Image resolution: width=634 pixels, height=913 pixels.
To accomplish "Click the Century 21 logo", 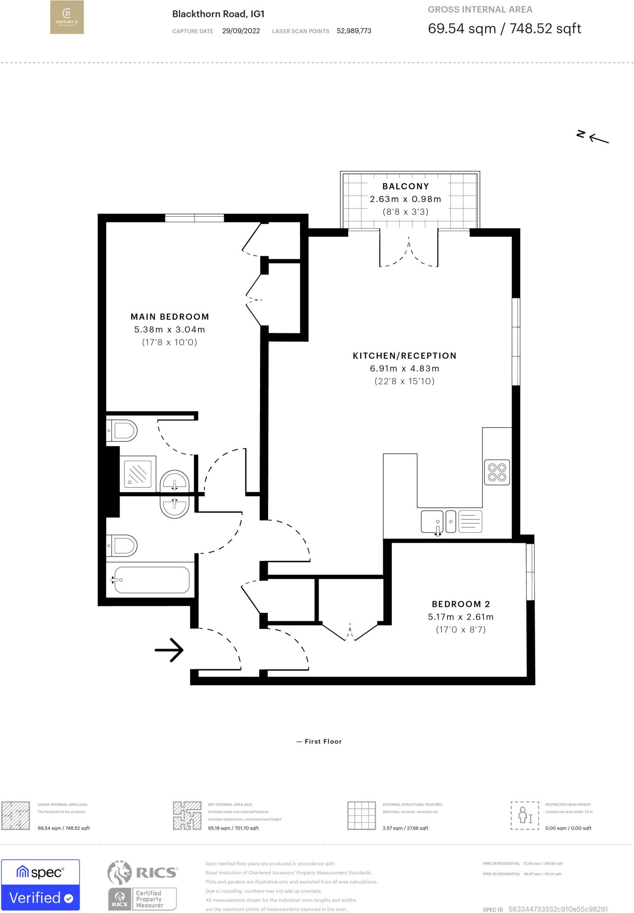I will click(x=66, y=17).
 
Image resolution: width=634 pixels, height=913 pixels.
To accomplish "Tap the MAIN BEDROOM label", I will click(x=170, y=317).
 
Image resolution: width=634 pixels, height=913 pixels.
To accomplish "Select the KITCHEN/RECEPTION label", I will click(x=404, y=356).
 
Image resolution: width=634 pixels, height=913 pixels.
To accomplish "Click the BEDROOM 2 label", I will click(x=460, y=604).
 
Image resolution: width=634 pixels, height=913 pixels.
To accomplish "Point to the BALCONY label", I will click(x=405, y=186).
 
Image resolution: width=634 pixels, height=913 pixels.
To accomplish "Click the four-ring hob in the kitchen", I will click(x=497, y=472).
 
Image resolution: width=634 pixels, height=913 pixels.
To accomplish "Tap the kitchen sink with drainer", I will click(x=451, y=521).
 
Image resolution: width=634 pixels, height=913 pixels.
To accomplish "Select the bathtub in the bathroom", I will click(x=151, y=580).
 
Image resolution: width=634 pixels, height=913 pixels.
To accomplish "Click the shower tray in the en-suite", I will click(x=138, y=472).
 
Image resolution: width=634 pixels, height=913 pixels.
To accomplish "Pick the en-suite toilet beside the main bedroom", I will click(x=122, y=431).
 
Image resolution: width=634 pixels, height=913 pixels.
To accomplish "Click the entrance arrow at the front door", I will click(x=169, y=650).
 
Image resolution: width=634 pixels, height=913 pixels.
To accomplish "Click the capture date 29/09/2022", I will click(x=240, y=31).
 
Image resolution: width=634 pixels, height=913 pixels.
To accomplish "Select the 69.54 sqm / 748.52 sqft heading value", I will click(x=504, y=29).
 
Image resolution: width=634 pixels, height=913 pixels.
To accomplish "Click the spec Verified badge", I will click(x=41, y=885).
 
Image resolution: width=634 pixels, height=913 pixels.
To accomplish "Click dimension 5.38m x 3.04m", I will click(x=170, y=329).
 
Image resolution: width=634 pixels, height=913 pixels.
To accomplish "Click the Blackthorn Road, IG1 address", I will click(x=218, y=14).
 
